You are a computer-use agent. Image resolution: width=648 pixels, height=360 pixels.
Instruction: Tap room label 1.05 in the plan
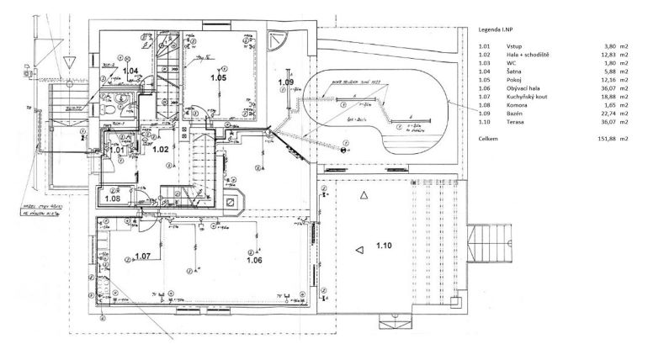coord(219,77)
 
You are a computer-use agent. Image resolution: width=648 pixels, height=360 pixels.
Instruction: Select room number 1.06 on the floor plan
coord(255,261)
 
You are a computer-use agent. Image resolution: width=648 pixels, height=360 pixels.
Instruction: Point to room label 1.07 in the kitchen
coord(142,255)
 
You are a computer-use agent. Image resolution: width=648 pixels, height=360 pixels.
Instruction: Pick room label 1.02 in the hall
coord(162,148)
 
